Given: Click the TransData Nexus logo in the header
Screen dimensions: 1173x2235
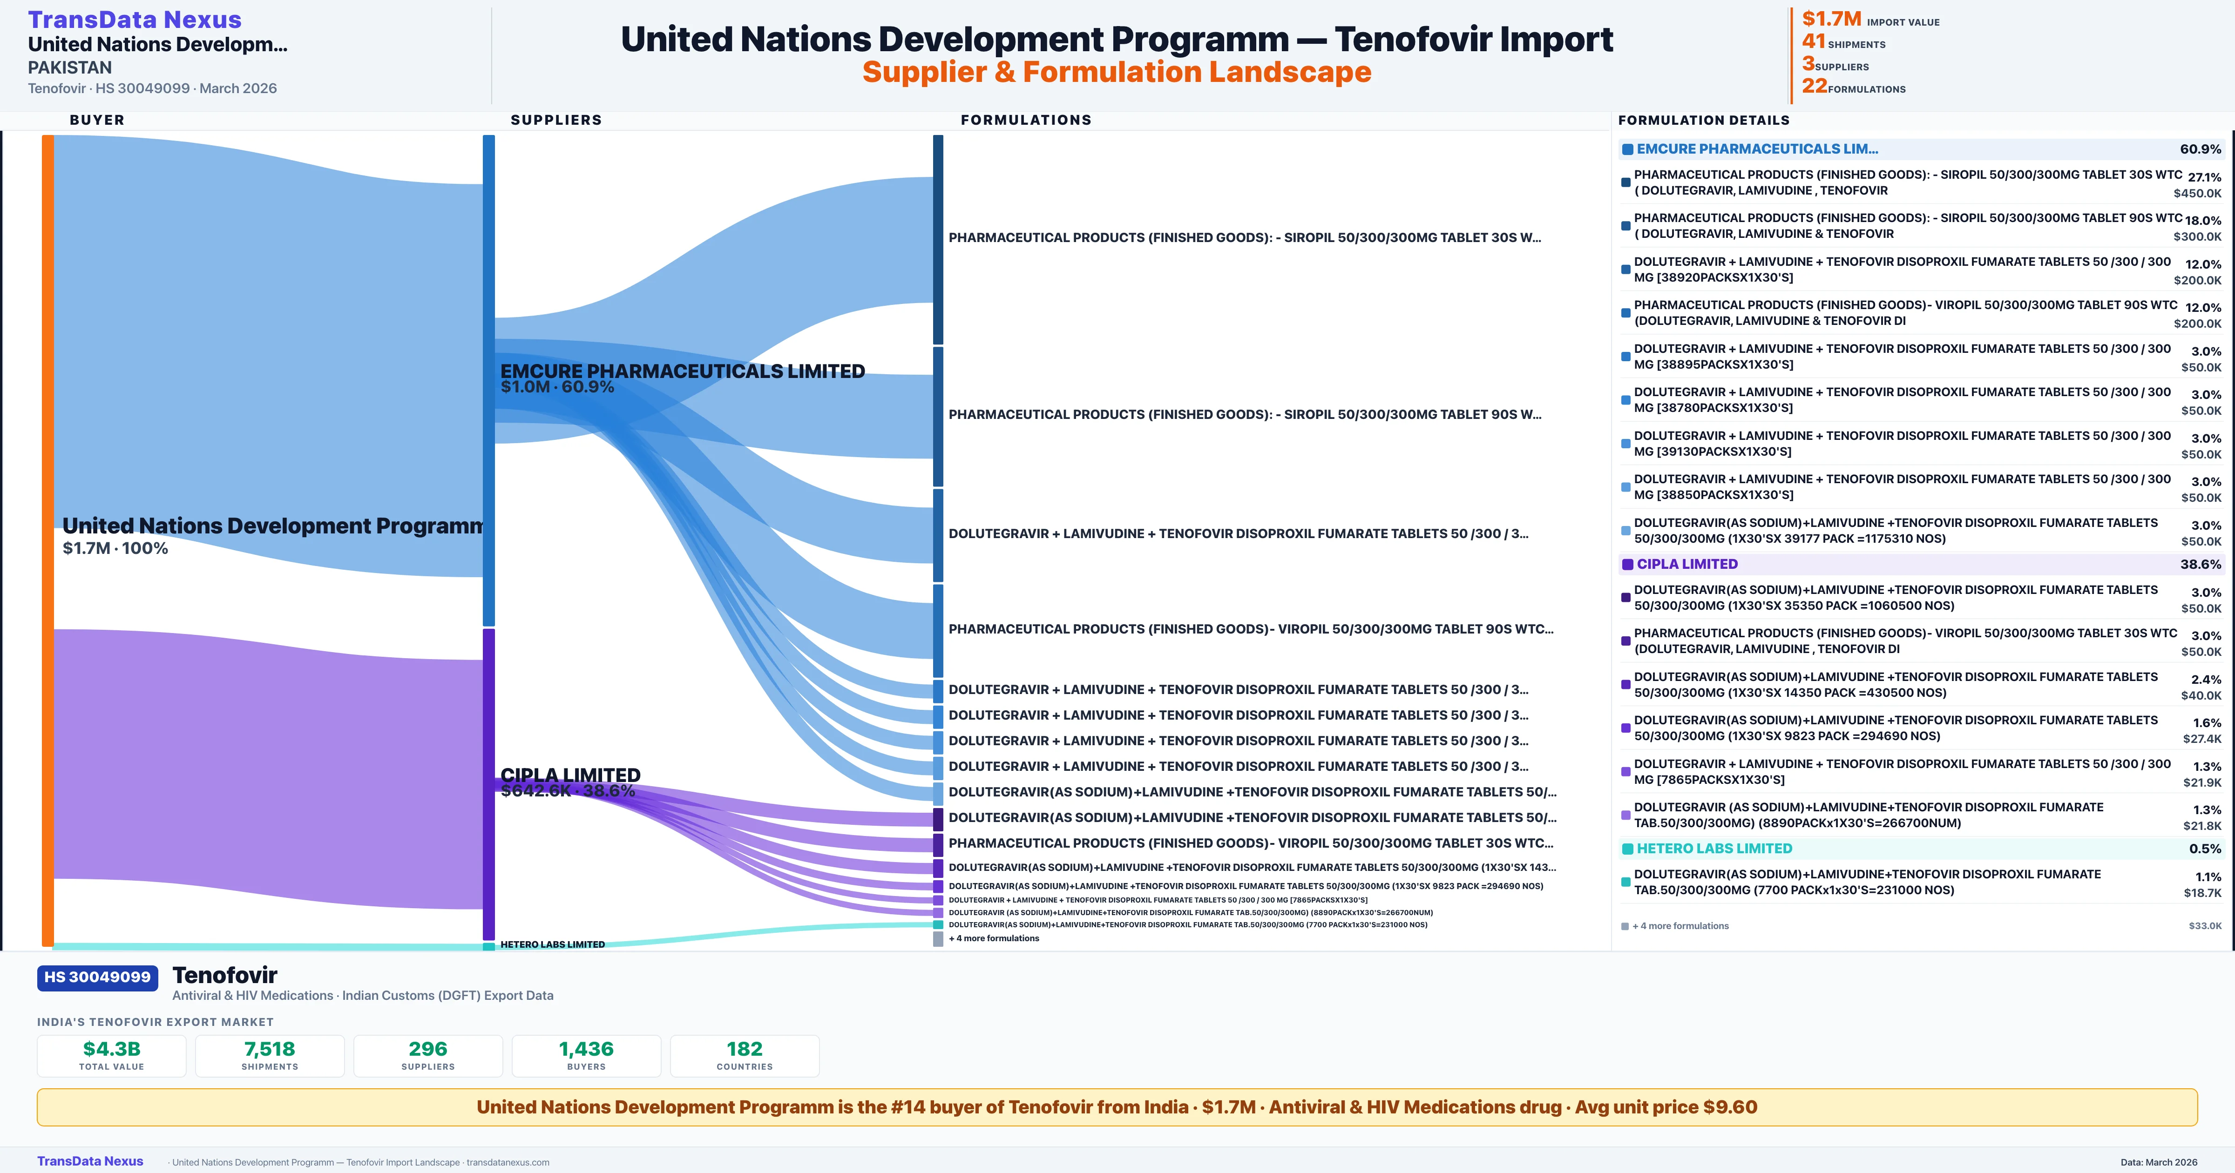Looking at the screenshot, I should tap(135, 19).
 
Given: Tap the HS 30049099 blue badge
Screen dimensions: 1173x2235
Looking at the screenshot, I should tap(97, 977).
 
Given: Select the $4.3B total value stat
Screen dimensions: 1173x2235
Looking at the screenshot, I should tap(111, 1049).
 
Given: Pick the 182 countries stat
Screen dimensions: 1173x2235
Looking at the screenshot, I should tap(745, 1049).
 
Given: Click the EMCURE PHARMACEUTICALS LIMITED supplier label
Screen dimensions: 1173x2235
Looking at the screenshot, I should tap(682, 371).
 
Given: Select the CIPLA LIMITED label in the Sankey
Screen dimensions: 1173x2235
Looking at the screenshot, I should tap(570, 775).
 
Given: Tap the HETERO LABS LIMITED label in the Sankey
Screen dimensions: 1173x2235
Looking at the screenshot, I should tap(553, 944).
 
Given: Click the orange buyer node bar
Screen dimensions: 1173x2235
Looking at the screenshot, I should tap(47, 538).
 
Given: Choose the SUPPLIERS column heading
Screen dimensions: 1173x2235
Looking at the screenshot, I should tap(555, 120).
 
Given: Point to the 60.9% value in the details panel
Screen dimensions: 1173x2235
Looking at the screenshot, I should tap(2200, 149).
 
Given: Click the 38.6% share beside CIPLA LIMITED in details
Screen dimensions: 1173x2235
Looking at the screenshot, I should tap(2200, 564).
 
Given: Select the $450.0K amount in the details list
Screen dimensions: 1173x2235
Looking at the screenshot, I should tap(2197, 194).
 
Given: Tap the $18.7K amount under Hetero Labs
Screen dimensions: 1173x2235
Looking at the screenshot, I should tap(2202, 893).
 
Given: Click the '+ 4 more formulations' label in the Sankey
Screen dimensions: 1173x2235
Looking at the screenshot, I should tap(994, 938).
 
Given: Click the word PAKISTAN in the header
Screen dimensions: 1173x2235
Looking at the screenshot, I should tap(69, 67).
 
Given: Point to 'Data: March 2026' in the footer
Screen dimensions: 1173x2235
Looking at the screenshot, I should tap(2159, 1162).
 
